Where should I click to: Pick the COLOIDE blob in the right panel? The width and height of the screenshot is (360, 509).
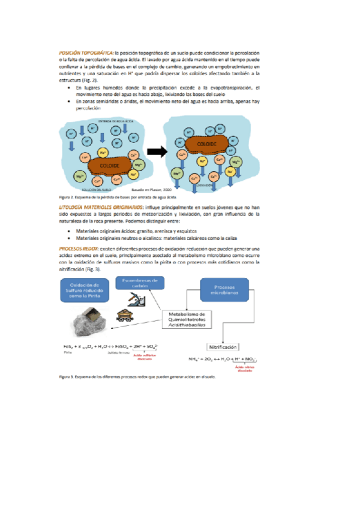pyautogui.click(x=206, y=145)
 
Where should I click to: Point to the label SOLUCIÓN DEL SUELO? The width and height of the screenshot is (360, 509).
pyautogui.click(x=90, y=188)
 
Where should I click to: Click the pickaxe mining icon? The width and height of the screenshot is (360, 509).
pyautogui.click(x=138, y=298)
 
